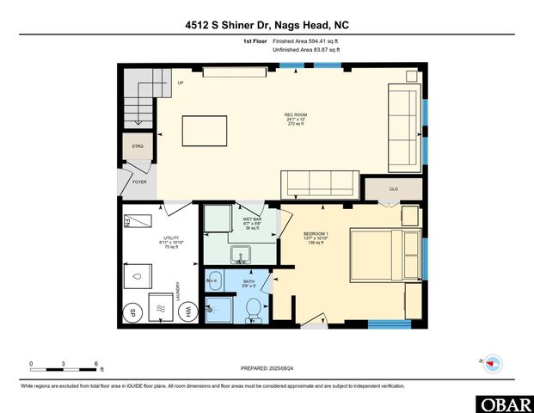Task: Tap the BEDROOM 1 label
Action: pyautogui.click(x=315, y=233)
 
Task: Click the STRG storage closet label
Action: pyautogui.click(x=138, y=146)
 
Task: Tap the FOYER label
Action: pyautogui.click(x=138, y=182)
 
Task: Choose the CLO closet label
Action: pyautogui.click(x=393, y=188)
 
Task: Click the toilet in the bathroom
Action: pyautogui.click(x=254, y=311)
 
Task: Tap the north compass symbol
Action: pyautogui.click(x=492, y=363)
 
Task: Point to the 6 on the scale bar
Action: pyautogui.click(x=95, y=363)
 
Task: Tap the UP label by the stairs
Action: pyautogui.click(x=181, y=83)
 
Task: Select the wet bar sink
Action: pyautogui.click(x=242, y=255)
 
